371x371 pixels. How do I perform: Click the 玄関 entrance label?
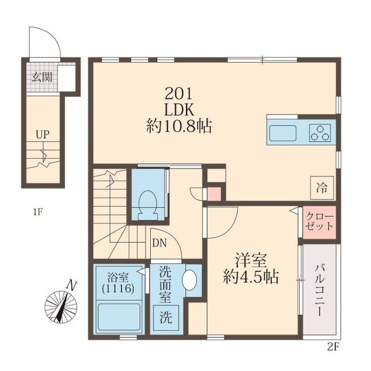click(40, 76)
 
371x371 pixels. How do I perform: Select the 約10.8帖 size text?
click(178, 125)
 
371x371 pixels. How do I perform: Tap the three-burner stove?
click(321, 132)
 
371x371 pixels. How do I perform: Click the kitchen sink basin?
click(282, 133)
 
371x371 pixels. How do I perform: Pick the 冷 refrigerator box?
click(321, 187)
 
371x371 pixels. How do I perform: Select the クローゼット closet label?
click(321, 221)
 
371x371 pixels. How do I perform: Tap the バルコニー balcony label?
click(320, 290)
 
